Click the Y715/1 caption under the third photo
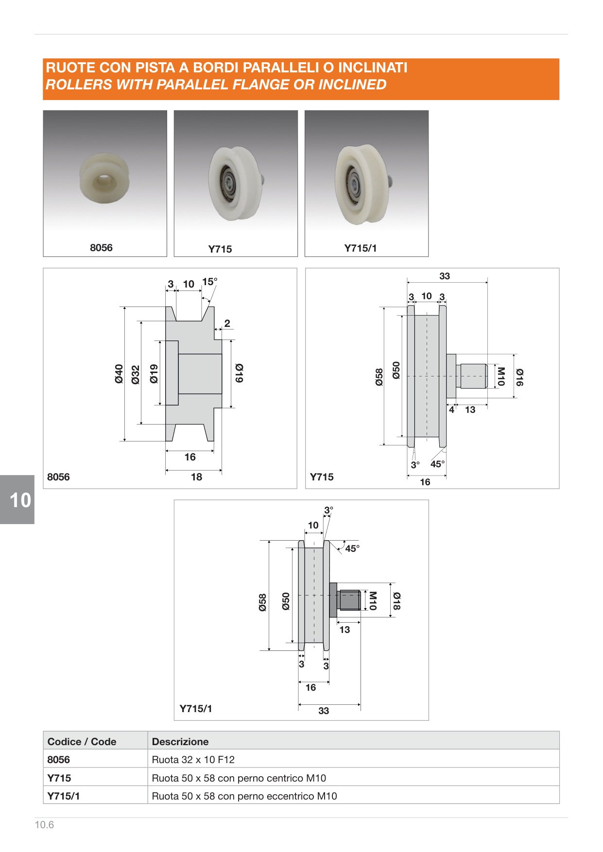pyautogui.click(x=361, y=248)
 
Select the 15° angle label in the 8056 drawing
pyautogui.click(x=210, y=282)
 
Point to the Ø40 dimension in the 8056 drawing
pyautogui.click(x=119, y=374)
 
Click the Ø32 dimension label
pyautogui.click(x=136, y=375)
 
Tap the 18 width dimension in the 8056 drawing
pyautogui.click(x=196, y=477)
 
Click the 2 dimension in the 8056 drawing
pyautogui.click(x=227, y=323)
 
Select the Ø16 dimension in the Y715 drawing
pyautogui.click(x=519, y=377)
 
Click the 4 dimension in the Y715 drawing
pyautogui.click(x=451, y=410)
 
